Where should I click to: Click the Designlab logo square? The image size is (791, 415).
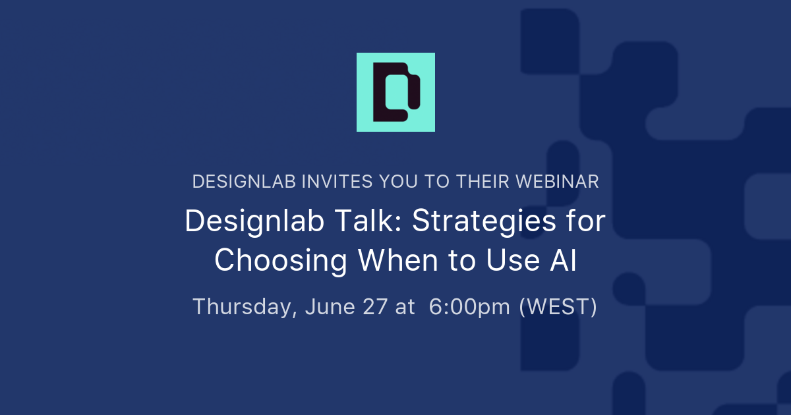click(x=395, y=92)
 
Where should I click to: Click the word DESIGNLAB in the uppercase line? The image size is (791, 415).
click(x=244, y=182)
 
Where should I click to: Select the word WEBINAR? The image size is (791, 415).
click(x=557, y=182)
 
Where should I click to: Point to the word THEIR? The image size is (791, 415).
click(x=483, y=182)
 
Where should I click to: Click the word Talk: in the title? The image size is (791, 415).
click(x=368, y=221)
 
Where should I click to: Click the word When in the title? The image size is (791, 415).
click(x=398, y=260)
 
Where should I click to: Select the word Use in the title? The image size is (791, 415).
click(x=513, y=260)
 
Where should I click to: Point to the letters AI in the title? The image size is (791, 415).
click(x=563, y=260)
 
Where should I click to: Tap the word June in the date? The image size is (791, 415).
click(x=330, y=306)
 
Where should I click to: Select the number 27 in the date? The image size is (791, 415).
click(x=375, y=306)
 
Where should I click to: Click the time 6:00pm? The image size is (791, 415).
click(x=469, y=308)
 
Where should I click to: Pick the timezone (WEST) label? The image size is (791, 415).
click(x=558, y=306)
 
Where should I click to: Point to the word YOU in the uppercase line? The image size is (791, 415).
click(x=398, y=182)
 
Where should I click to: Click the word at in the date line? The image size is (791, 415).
click(x=405, y=307)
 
